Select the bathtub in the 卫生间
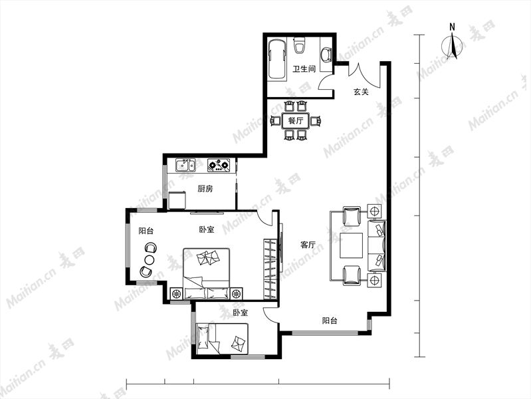(276, 60)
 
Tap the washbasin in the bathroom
(326, 55)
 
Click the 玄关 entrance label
(361, 92)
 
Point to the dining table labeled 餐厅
(295, 120)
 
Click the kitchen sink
(185, 165)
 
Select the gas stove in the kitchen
(219, 165)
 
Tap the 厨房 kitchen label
(205, 188)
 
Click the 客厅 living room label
(308, 245)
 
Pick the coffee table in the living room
(352, 245)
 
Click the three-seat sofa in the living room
(377, 246)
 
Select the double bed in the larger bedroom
(207, 273)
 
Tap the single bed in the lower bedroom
(222, 339)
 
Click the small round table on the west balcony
(150, 260)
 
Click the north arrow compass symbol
(452, 45)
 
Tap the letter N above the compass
(452, 27)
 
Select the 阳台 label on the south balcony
(330, 321)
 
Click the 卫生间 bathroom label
(304, 69)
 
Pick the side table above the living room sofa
(375, 211)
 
